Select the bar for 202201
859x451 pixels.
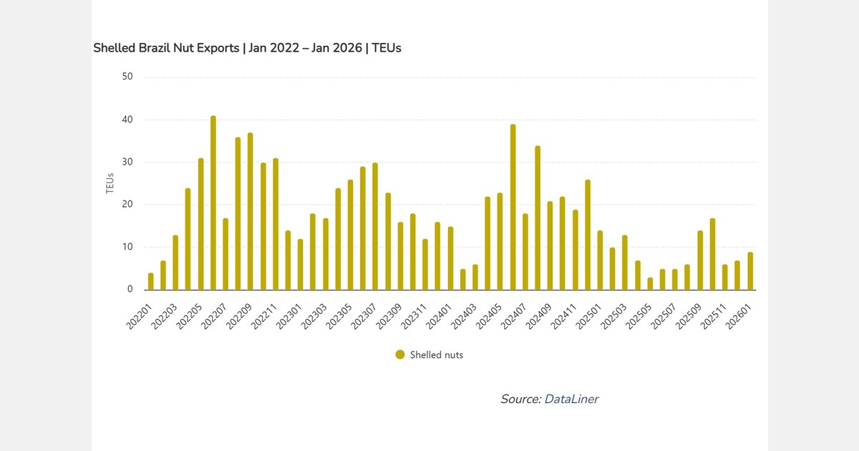[151, 282]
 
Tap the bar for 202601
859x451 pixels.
[750, 271]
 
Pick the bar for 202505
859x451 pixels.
[650, 284]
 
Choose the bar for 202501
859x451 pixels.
[600, 261]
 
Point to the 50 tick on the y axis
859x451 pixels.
[127, 77]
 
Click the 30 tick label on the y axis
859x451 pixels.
[127, 163]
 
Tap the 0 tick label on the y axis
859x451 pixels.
[130, 290]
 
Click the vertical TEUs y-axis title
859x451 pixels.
[110, 183]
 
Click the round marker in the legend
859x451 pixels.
[400, 354]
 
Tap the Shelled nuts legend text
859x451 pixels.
[436, 354]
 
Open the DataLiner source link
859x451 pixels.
[571, 399]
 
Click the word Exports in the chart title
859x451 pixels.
[213, 48]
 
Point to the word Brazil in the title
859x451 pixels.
[150, 48]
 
